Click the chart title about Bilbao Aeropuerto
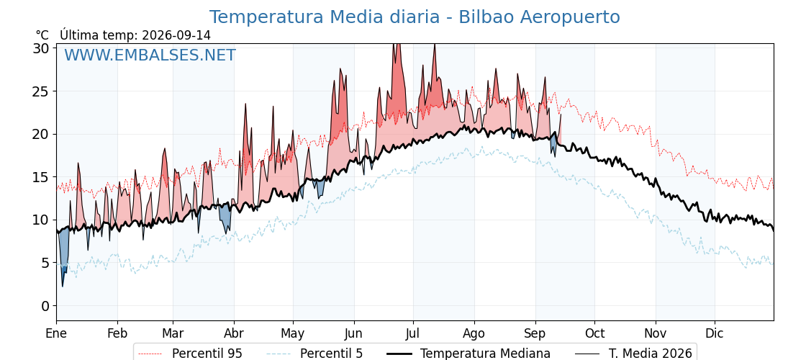(415, 17)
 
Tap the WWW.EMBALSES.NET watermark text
(150, 55)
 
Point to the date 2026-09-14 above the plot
(176, 35)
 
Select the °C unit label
(42, 35)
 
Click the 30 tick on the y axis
(42, 48)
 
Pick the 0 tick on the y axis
(46, 306)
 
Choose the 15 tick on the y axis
(42, 177)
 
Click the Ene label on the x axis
(57, 333)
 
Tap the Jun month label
(353, 333)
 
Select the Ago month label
(474, 333)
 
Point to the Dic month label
(715, 333)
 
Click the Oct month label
(594, 333)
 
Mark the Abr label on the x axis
(234, 333)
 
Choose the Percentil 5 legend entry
(314, 354)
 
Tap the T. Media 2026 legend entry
(634, 354)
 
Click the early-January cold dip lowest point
(63, 286)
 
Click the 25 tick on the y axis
(42, 91)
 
